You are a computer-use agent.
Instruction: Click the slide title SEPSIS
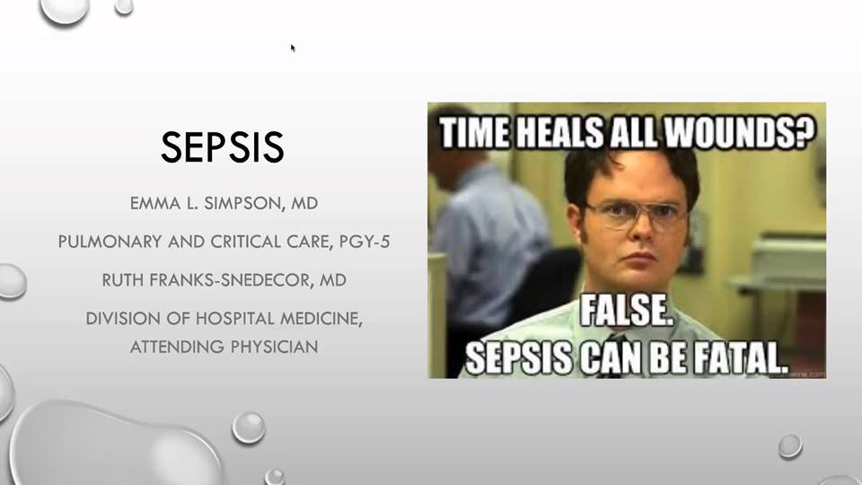pyautogui.click(x=223, y=146)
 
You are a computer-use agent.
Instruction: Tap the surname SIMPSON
pyautogui.click(x=243, y=204)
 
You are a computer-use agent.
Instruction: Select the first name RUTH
pyautogui.click(x=123, y=280)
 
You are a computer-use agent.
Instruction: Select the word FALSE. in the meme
pyautogui.click(x=626, y=312)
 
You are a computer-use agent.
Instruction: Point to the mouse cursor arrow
pyautogui.click(x=293, y=48)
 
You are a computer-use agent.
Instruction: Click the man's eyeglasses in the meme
pyautogui.click(x=638, y=216)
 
